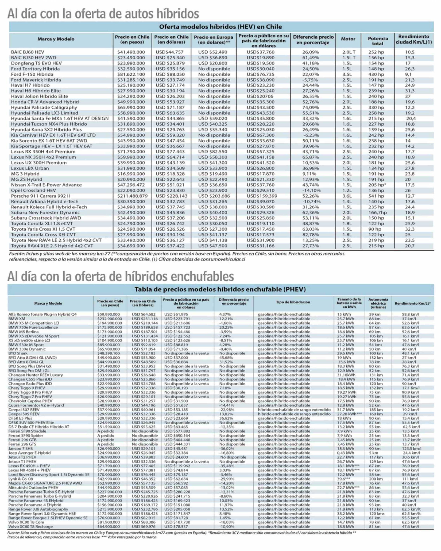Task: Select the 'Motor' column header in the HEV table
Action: point(348,39)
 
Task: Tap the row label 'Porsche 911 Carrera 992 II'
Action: point(40,196)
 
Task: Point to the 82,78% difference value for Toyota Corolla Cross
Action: point(311,235)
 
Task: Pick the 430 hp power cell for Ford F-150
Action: point(376,74)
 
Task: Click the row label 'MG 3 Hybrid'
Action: point(25,174)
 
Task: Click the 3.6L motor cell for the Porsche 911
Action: point(347,196)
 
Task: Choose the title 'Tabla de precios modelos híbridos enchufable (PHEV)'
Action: point(220,289)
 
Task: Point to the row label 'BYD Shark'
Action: point(18,353)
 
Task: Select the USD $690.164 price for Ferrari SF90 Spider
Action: point(177,436)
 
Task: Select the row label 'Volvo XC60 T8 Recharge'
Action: point(30,527)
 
